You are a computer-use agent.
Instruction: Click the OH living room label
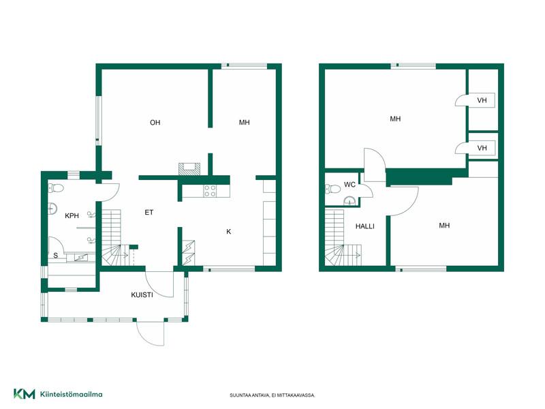pos(155,123)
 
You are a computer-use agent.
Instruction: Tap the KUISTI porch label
pos(142,295)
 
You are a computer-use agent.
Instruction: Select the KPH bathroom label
pos(72,215)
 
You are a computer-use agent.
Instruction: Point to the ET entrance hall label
pos(149,212)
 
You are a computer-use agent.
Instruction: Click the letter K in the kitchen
pos(229,232)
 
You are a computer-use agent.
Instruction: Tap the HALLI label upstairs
pos(365,226)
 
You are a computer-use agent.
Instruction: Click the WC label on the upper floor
pos(349,185)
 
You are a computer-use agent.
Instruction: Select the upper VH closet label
pos(482,100)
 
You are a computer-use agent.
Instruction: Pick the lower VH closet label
pos(482,148)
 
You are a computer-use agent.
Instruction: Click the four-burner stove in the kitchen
pos(210,191)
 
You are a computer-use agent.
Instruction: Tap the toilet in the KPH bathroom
pos(56,188)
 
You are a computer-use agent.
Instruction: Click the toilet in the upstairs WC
pos(332,190)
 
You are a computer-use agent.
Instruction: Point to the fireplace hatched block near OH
pos(189,168)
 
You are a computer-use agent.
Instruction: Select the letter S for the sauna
pos(56,256)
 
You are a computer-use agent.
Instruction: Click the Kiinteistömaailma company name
pos(72,395)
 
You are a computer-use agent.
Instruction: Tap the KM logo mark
pos(25,394)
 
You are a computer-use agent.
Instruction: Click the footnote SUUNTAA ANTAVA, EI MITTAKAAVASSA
pos(272,395)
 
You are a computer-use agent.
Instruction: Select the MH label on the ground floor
pos(245,123)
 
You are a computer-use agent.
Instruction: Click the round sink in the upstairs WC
pos(349,201)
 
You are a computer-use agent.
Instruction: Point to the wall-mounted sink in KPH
pos(52,209)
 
